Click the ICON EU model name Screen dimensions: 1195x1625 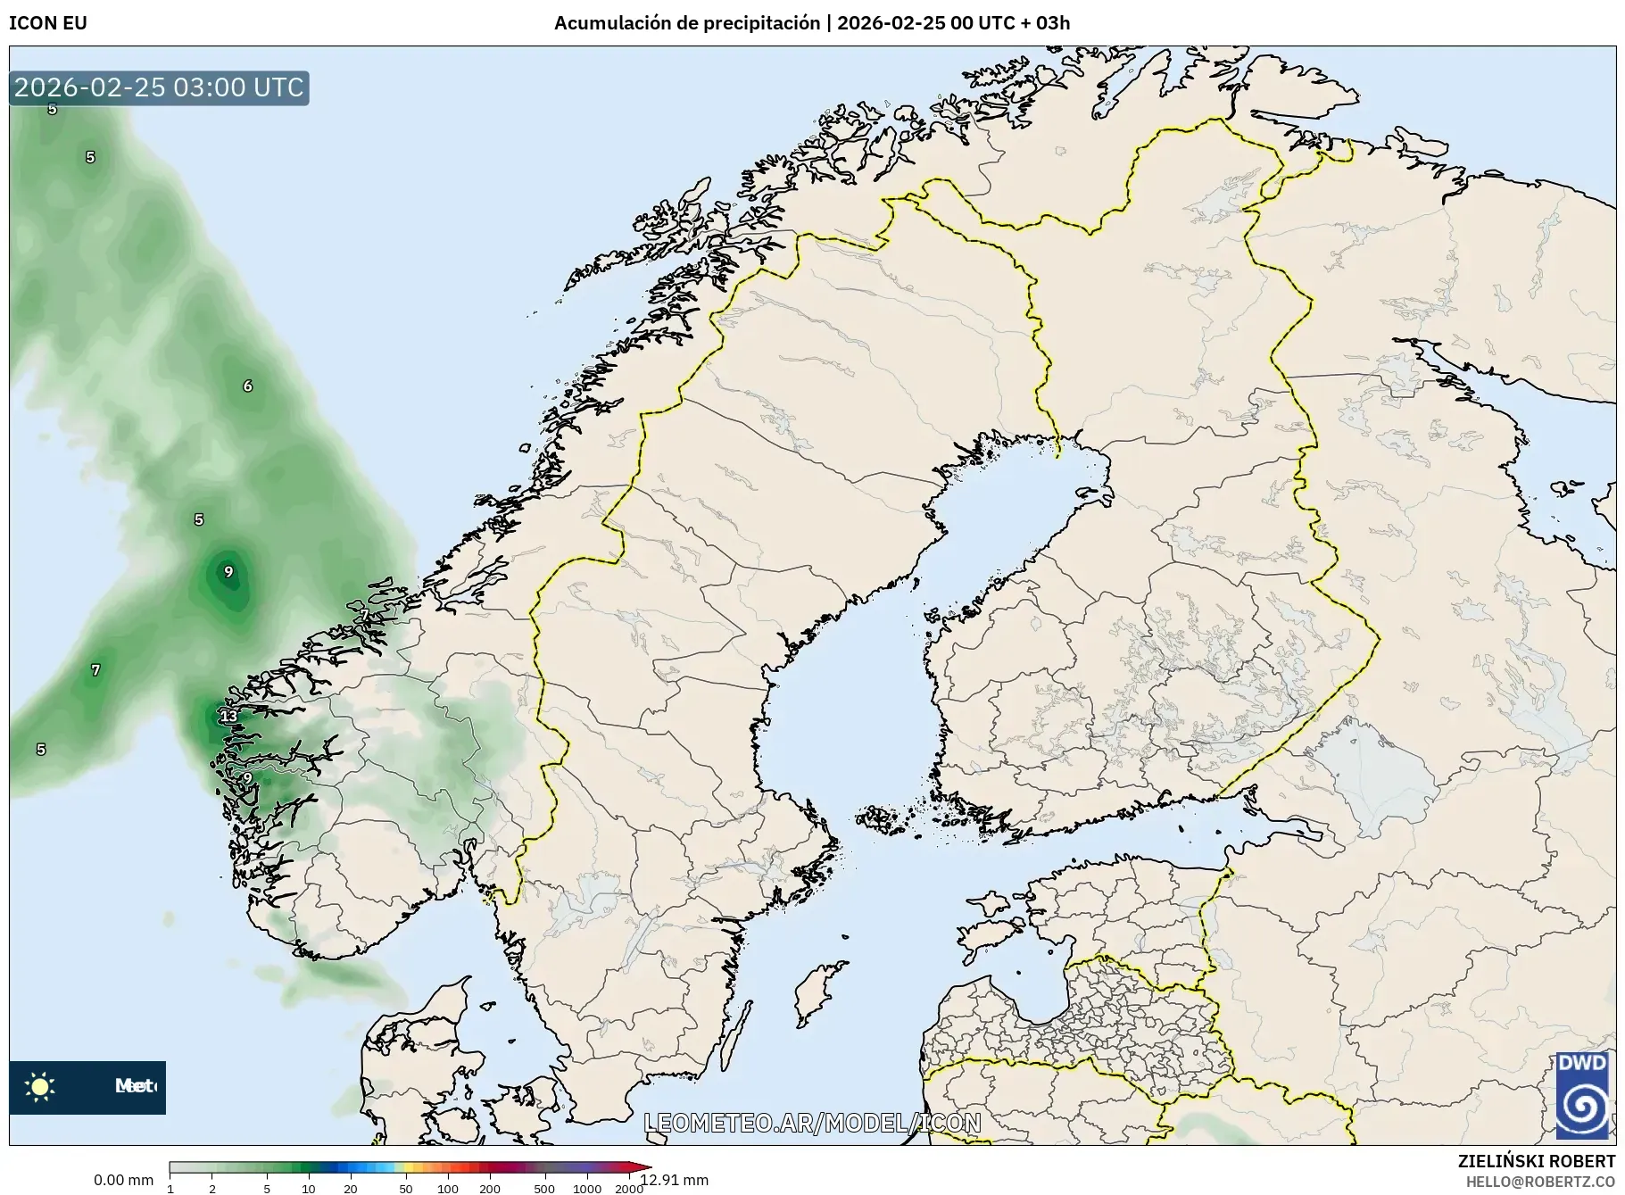[48, 23]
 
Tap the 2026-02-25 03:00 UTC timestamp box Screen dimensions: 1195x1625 [159, 87]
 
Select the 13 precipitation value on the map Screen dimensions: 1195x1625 [228, 716]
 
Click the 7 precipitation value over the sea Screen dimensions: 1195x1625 [95, 670]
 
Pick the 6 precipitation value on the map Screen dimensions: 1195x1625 [247, 386]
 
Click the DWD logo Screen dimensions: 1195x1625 [1581, 1094]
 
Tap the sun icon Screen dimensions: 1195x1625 [40, 1086]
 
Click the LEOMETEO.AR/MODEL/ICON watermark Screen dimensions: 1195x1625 [812, 1123]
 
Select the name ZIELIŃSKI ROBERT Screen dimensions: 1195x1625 [1536, 1161]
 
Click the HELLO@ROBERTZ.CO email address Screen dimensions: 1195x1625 [1540, 1182]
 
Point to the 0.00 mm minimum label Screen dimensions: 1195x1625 [123, 1180]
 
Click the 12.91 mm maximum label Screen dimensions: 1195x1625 [675, 1180]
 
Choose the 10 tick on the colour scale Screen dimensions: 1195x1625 [308, 1188]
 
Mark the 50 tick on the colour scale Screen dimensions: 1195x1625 [405, 1188]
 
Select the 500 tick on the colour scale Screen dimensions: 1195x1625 [543, 1188]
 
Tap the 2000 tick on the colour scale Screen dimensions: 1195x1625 [628, 1188]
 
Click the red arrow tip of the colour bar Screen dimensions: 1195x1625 [645, 1166]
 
